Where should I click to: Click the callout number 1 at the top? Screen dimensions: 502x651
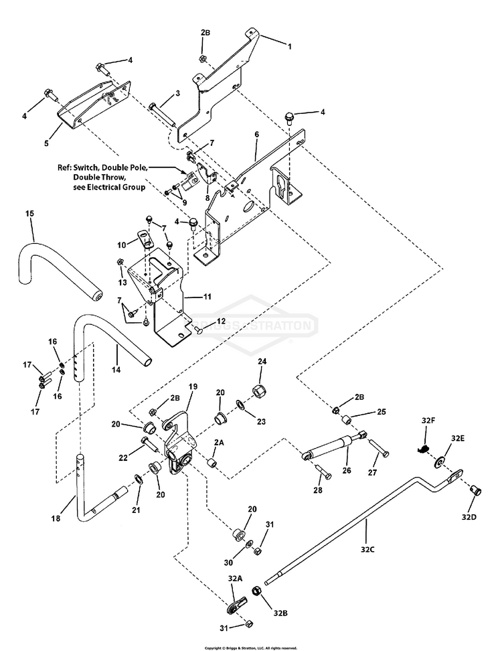290,46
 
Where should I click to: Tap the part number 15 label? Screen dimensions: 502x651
29,214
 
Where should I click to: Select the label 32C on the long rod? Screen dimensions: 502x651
367,549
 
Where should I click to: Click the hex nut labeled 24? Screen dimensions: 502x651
259,390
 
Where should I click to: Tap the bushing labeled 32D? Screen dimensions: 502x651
475,491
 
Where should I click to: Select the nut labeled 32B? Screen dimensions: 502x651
257,591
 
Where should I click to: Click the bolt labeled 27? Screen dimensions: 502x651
379,447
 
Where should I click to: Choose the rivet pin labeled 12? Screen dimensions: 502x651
198,330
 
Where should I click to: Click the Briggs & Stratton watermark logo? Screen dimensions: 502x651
252,325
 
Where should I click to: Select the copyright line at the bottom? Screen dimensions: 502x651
251,648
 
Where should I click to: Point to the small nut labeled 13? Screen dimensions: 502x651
119,262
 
